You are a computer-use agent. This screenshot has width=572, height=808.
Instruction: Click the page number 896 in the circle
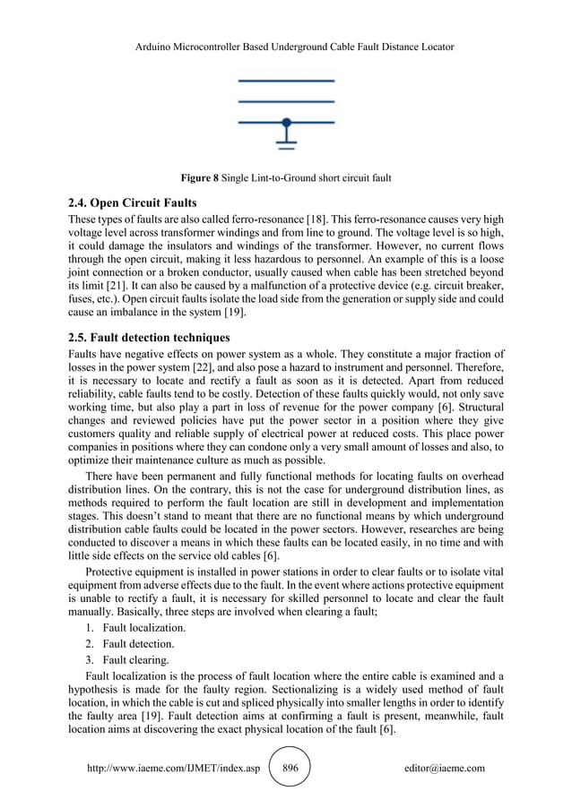[x=290, y=768]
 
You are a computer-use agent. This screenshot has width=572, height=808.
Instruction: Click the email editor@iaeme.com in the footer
[x=445, y=768]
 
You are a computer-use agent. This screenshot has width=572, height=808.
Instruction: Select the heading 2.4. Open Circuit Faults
[x=131, y=200]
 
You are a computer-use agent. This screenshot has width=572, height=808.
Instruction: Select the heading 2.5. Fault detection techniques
[x=149, y=338]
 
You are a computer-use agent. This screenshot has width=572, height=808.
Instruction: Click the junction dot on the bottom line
[x=286, y=121]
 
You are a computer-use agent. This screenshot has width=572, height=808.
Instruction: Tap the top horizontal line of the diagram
[x=286, y=82]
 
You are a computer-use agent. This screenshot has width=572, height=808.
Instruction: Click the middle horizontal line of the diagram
[x=286, y=101]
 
